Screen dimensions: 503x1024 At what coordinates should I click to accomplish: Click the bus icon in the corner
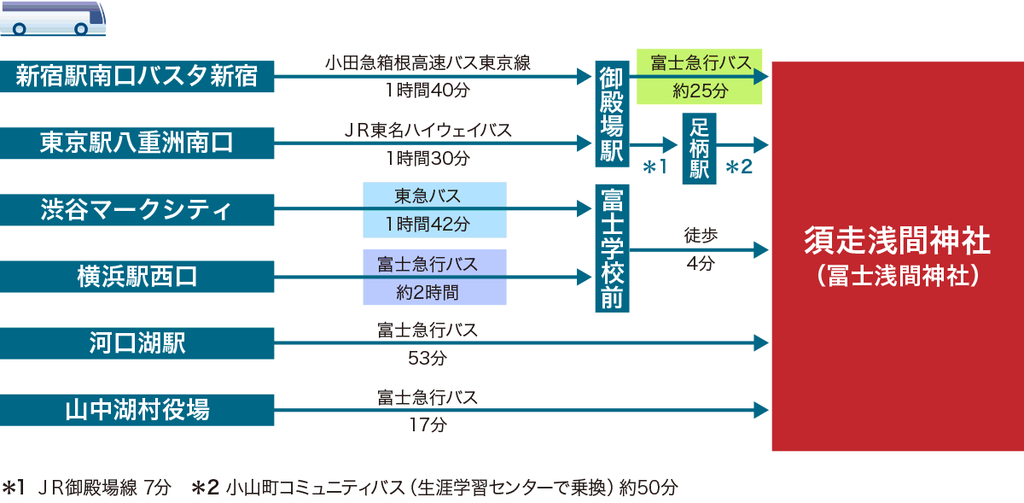pos(53,17)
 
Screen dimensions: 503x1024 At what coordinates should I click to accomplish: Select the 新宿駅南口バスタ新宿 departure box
pos(137,77)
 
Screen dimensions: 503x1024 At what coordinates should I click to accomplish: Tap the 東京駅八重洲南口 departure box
pos(137,143)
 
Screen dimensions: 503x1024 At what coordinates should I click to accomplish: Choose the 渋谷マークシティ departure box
pos(137,210)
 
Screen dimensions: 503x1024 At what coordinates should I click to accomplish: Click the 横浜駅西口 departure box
pos(137,277)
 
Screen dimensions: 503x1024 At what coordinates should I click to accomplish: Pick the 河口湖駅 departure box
pos(137,343)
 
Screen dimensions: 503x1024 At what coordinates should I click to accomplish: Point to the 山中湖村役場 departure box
pos(137,411)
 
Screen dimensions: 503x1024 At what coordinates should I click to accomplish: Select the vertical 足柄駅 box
pos(700,149)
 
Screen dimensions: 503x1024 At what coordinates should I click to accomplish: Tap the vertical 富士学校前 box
pos(612,249)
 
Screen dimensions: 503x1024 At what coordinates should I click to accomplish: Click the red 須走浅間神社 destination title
pos(897,241)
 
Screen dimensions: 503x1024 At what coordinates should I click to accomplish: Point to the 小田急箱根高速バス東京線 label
pos(428,63)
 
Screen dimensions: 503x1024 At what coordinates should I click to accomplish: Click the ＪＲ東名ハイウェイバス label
pos(428,130)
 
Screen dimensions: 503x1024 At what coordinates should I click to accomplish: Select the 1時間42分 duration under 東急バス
pos(433,225)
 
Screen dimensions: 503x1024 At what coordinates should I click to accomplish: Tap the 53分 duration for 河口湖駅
pos(428,358)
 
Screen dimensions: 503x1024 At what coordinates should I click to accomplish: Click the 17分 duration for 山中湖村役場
pos(428,424)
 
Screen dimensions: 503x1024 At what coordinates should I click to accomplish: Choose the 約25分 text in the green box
pos(700,89)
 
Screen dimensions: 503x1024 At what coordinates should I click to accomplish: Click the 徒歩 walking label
pos(700,233)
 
